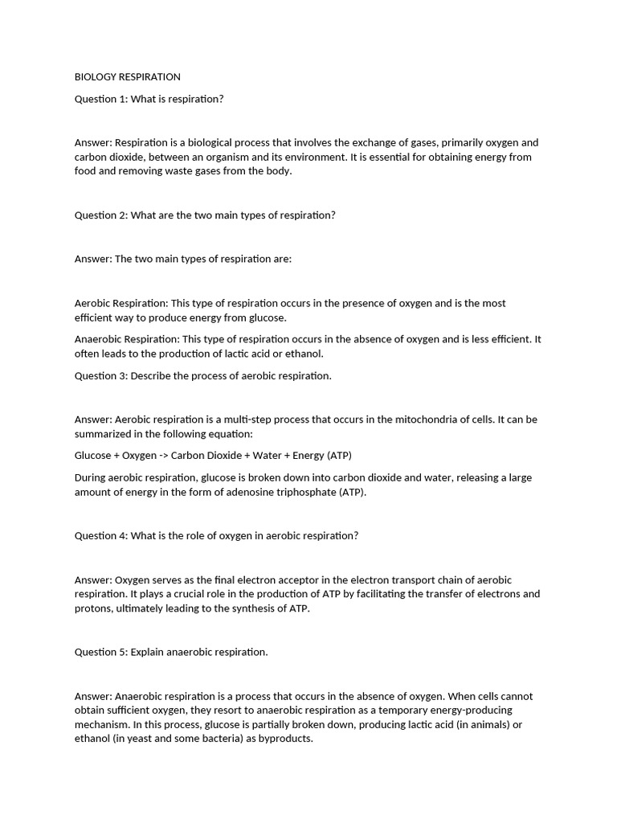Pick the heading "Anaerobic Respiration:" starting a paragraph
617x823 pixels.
(x=127, y=339)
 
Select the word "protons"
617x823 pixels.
(x=93, y=608)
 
